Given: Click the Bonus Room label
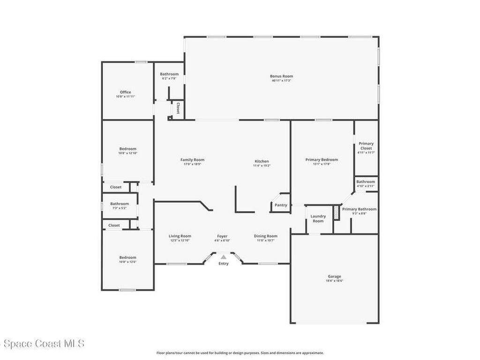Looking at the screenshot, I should click(x=281, y=76).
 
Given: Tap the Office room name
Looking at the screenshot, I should click(x=125, y=92).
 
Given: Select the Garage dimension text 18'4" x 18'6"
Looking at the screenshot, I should click(x=334, y=281).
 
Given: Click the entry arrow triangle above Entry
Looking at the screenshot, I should click(x=224, y=257).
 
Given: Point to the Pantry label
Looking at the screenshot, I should click(x=281, y=205).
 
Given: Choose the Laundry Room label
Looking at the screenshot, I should click(x=318, y=218).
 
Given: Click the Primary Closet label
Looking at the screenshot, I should click(x=366, y=146).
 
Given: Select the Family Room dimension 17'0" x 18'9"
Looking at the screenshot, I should click(x=192, y=164).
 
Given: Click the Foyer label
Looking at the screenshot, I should click(x=222, y=236).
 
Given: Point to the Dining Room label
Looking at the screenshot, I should click(x=266, y=236).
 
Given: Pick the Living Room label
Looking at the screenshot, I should click(x=180, y=236).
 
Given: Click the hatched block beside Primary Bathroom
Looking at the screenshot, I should click(x=336, y=212).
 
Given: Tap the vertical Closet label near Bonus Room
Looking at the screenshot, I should click(x=178, y=108).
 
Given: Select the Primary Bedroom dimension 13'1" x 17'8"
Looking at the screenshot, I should click(x=322, y=164).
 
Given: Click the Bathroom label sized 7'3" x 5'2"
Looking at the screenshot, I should click(x=120, y=203).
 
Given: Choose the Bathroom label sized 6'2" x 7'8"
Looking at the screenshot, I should click(x=169, y=74).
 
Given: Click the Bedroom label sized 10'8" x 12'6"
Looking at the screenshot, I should click(x=127, y=257).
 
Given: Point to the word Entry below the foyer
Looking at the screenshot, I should click(x=224, y=263).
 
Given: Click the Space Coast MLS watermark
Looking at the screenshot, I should click(x=42, y=344).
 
